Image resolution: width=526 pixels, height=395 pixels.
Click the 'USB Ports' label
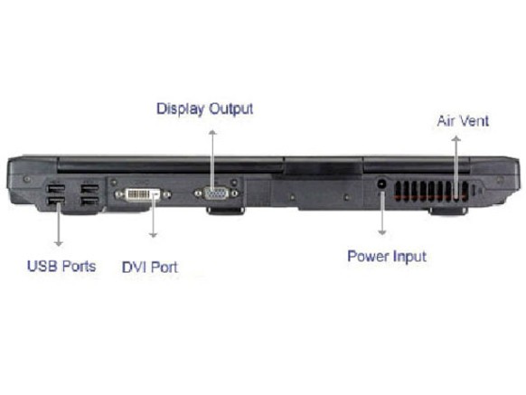pyautogui.click(x=61, y=267)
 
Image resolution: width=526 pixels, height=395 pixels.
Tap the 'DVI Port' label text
pyautogui.click(x=150, y=268)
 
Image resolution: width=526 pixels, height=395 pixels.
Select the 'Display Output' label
pyautogui.click(x=204, y=109)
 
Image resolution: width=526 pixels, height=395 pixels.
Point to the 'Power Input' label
pyautogui.click(x=387, y=257)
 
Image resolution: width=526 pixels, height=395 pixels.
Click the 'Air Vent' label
pyautogui.click(x=463, y=121)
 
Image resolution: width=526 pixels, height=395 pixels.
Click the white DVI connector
pyautogui.click(x=143, y=194)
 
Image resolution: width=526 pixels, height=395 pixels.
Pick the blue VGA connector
pyautogui.click(x=216, y=193)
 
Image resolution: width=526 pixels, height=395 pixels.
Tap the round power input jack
pyautogui.click(x=381, y=183)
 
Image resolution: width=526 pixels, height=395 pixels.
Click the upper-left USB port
pyautogui.click(x=56, y=188)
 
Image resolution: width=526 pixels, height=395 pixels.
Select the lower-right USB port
pyautogui.click(x=89, y=201)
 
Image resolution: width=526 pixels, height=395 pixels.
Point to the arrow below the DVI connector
pyautogui.click(x=154, y=215)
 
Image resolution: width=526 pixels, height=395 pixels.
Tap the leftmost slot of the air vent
pyautogui.click(x=399, y=192)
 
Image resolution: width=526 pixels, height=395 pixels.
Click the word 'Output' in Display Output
pyautogui.click(x=231, y=109)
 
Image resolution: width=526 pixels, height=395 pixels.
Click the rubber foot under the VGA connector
pyautogui.click(x=225, y=211)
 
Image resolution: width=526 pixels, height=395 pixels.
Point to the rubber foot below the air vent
pyautogui.click(x=448, y=212)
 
